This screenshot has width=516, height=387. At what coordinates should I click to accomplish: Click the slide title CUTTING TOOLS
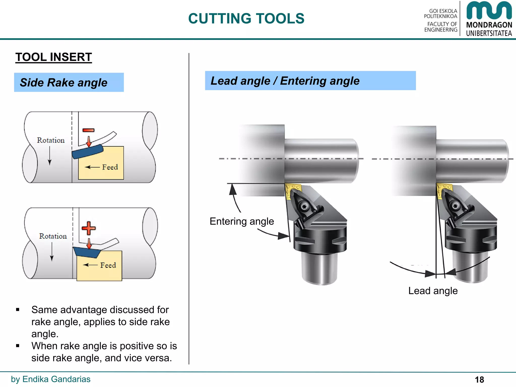click(246, 19)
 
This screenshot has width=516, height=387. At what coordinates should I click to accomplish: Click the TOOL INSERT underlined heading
click(53, 57)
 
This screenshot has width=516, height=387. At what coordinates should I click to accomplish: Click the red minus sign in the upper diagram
click(88, 130)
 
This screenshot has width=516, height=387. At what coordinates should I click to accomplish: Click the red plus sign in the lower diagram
click(89, 228)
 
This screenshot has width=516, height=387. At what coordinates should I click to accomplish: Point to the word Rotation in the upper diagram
click(51, 140)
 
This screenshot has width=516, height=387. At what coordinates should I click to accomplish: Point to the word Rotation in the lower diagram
click(53, 236)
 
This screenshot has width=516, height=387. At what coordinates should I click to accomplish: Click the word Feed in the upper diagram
click(110, 167)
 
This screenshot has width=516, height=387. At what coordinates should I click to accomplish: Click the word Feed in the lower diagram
click(108, 265)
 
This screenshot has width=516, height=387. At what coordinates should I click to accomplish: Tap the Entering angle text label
click(242, 221)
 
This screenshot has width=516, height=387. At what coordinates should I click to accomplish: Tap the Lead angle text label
click(433, 291)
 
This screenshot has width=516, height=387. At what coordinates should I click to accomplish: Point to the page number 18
click(479, 379)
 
